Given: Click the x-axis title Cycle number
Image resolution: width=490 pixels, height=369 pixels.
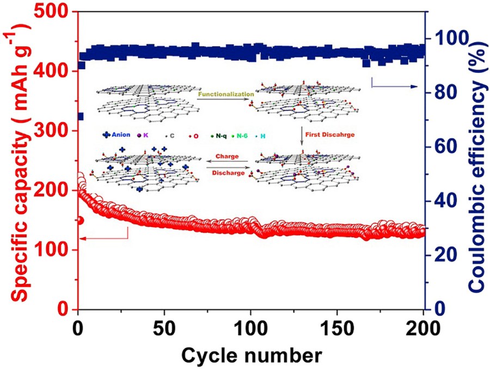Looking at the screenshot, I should coord(251,355).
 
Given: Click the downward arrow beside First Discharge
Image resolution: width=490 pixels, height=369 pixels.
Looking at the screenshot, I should coord(302,136).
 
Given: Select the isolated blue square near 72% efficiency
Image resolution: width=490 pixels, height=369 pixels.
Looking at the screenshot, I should coord(81,116).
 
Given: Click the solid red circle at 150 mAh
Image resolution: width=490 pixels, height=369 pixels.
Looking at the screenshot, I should coord(81,220).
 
